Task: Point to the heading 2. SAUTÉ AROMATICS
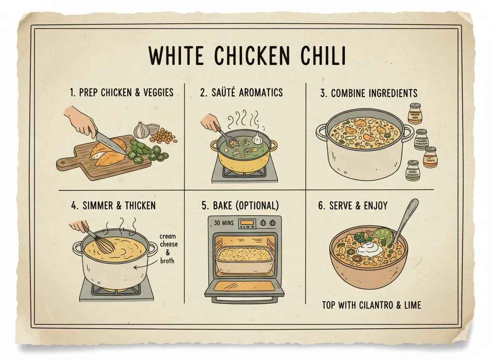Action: pyautogui.click(x=241, y=92)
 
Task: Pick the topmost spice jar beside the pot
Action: pyautogui.click(x=414, y=114)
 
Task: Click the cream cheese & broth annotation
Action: pyautogui.click(x=167, y=249)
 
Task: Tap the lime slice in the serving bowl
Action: pyautogui.click(x=383, y=236)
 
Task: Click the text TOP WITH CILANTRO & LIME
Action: pyautogui.click(x=371, y=305)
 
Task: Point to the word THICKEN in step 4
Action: pyautogui.click(x=136, y=205)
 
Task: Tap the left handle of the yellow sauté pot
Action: pyautogui.click(x=214, y=145)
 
